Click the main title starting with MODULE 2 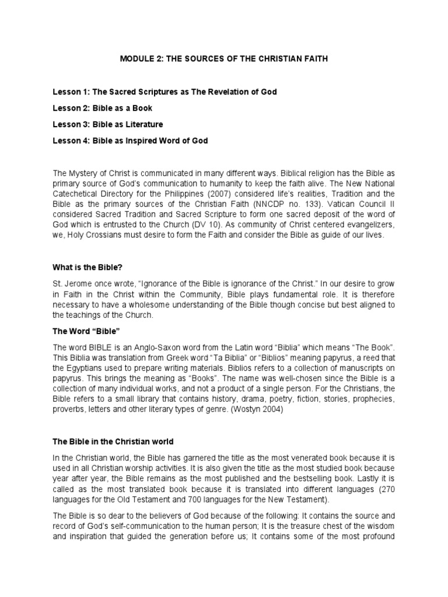coord(223,59)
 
